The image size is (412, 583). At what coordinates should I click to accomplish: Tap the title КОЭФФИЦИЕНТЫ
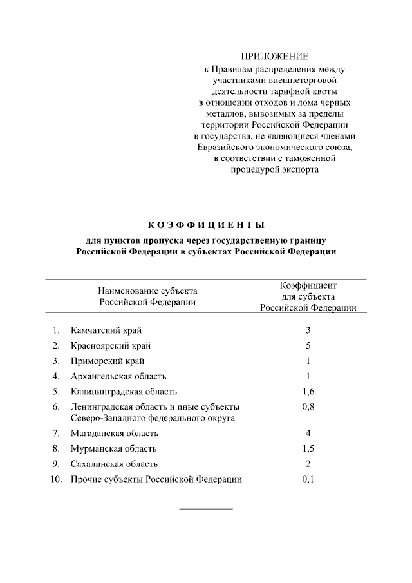click(x=206, y=225)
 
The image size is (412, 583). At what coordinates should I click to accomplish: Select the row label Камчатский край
click(x=106, y=330)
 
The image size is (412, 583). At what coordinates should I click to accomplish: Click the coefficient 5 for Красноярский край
click(x=308, y=345)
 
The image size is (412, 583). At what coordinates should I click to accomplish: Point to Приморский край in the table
click(x=108, y=361)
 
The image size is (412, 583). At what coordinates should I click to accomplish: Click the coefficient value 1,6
click(x=308, y=392)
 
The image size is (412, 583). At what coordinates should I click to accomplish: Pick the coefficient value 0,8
click(x=308, y=407)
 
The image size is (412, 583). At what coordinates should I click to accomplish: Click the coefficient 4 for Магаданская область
click(x=308, y=434)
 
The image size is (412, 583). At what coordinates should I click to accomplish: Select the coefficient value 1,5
click(x=308, y=449)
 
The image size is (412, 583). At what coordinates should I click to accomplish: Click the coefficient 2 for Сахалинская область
click(x=308, y=464)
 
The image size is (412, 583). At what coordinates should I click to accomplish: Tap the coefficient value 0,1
click(x=308, y=480)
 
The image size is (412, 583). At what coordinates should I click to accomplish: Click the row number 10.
click(x=55, y=480)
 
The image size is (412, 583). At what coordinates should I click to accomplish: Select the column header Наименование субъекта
click(x=147, y=291)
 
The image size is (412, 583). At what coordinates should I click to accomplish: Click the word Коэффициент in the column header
click(x=308, y=285)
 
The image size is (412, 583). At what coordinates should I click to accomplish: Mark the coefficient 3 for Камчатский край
click(x=308, y=330)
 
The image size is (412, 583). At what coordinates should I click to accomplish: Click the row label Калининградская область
click(x=124, y=392)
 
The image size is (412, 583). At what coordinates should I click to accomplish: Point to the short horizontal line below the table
click(x=205, y=510)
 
